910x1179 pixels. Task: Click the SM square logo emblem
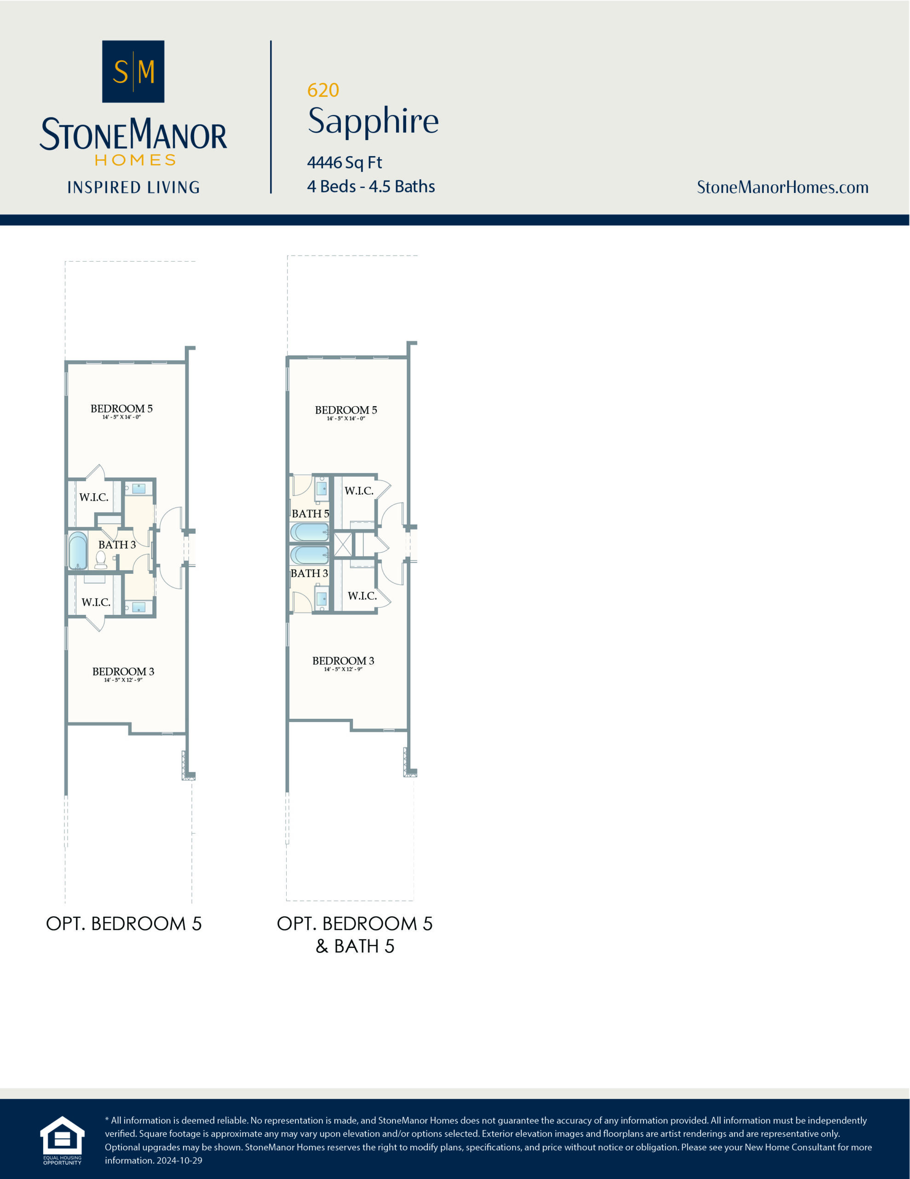pos(133,71)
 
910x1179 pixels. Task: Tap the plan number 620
pos(323,90)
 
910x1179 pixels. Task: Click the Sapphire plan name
pos(373,121)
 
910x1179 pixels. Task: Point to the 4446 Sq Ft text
pos(344,163)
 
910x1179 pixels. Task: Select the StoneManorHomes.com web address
pos(782,187)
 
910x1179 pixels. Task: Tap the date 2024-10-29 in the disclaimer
pos(179,1160)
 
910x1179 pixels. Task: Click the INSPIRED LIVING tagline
pos(133,187)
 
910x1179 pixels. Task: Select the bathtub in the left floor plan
pos(78,551)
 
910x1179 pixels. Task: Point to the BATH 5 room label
pos(310,514)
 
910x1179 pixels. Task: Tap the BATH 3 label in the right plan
pos(309,573)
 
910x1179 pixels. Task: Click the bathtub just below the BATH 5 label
pos(309,532)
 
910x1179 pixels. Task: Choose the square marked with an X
pos(343,544)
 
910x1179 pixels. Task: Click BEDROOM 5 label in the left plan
pos(121,409)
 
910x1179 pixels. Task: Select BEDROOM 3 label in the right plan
pos(343,661)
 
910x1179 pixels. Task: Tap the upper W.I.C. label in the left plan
pos(94,497)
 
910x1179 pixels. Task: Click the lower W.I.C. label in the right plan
pos(362,596)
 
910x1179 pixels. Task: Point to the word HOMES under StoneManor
pos(135,160)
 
